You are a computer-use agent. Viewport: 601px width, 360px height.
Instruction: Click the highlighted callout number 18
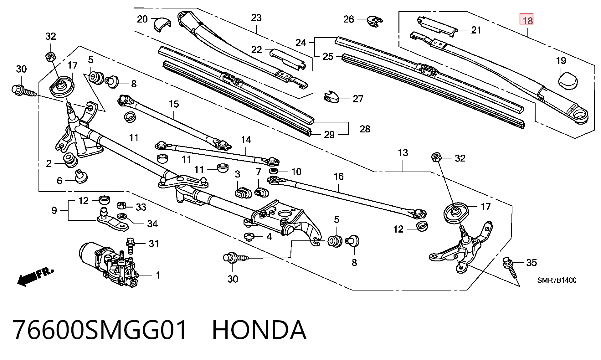(526, 19)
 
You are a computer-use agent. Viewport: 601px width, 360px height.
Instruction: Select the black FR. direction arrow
(35, 276)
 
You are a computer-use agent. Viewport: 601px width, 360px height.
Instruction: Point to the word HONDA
(259, 330)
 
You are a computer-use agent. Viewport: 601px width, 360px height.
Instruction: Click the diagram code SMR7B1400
(557, 280)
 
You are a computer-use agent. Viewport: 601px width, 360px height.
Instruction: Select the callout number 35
(532, 262)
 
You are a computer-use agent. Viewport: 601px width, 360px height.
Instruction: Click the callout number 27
(358, 99)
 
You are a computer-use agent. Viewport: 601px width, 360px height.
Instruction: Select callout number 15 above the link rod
(174, 104)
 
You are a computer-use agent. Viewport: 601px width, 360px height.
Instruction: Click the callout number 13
(403, 153)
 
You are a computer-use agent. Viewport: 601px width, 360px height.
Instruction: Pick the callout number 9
(54, 210)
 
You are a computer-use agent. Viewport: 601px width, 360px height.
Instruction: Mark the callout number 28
(365, 129)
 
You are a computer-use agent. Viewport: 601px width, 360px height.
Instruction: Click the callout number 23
(256, 18)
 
